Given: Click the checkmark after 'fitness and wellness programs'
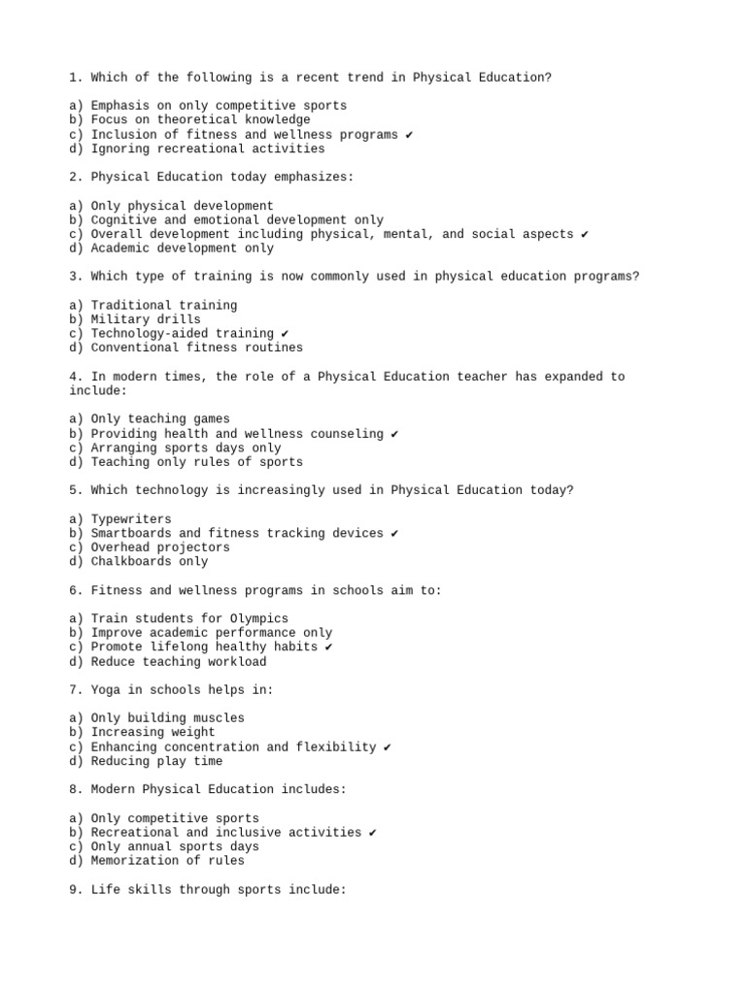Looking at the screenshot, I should (409, 135).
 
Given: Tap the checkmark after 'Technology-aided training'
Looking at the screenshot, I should (285, 334).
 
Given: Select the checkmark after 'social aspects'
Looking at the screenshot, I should (585, 234).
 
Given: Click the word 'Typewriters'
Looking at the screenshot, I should (131, 519).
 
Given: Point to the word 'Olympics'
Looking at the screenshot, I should (259, 618).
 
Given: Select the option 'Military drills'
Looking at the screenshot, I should (146, 319).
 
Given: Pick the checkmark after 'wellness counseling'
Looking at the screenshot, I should (394, 434).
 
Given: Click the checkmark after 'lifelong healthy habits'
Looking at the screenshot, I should (328, 647).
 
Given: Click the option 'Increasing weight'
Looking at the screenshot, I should (153, 733).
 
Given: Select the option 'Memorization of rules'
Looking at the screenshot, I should (168, 861).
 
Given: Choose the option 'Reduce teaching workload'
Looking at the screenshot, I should (179, 662).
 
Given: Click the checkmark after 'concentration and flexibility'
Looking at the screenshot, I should (388, 747).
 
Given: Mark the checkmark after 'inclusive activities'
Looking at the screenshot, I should (373, 833).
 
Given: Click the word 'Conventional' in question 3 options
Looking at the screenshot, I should (135, 348).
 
